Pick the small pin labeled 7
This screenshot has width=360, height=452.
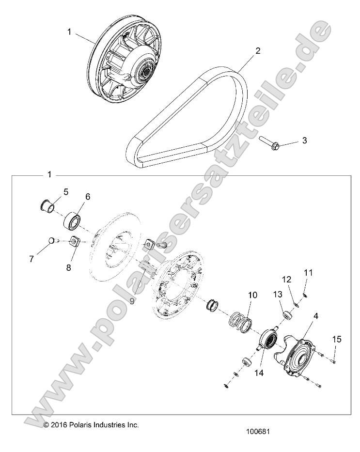53,240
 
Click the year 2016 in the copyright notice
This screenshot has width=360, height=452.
59,425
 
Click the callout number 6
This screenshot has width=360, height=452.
88,197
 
